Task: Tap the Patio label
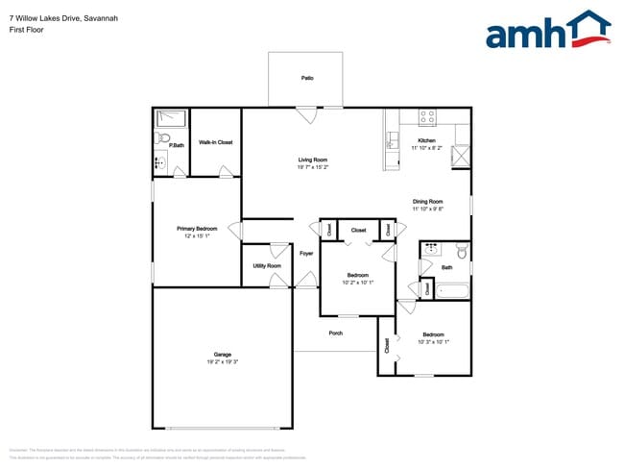point(307,78)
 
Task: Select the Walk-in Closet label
point(216,142)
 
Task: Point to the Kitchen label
point(427,140)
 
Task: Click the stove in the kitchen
point(427,116)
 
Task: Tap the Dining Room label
point(427,201)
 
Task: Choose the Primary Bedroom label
point(197,229)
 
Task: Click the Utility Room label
point(267,265)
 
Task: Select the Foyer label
point(306,254)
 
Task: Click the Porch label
point(336,333)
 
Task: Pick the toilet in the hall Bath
point(462,252)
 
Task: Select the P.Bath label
point(177,146)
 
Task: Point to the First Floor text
point(26,30)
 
